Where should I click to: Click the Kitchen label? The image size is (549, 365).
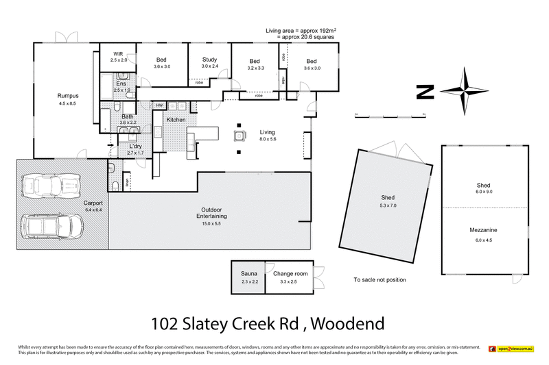(176, 120)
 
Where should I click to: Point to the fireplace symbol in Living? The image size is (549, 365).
(240, 134)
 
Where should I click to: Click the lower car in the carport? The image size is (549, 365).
(49, 226)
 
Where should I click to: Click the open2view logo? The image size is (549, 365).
(511, 349)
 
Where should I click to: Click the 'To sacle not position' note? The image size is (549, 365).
(379, 280)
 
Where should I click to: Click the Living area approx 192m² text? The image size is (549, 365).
(302, 32)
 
